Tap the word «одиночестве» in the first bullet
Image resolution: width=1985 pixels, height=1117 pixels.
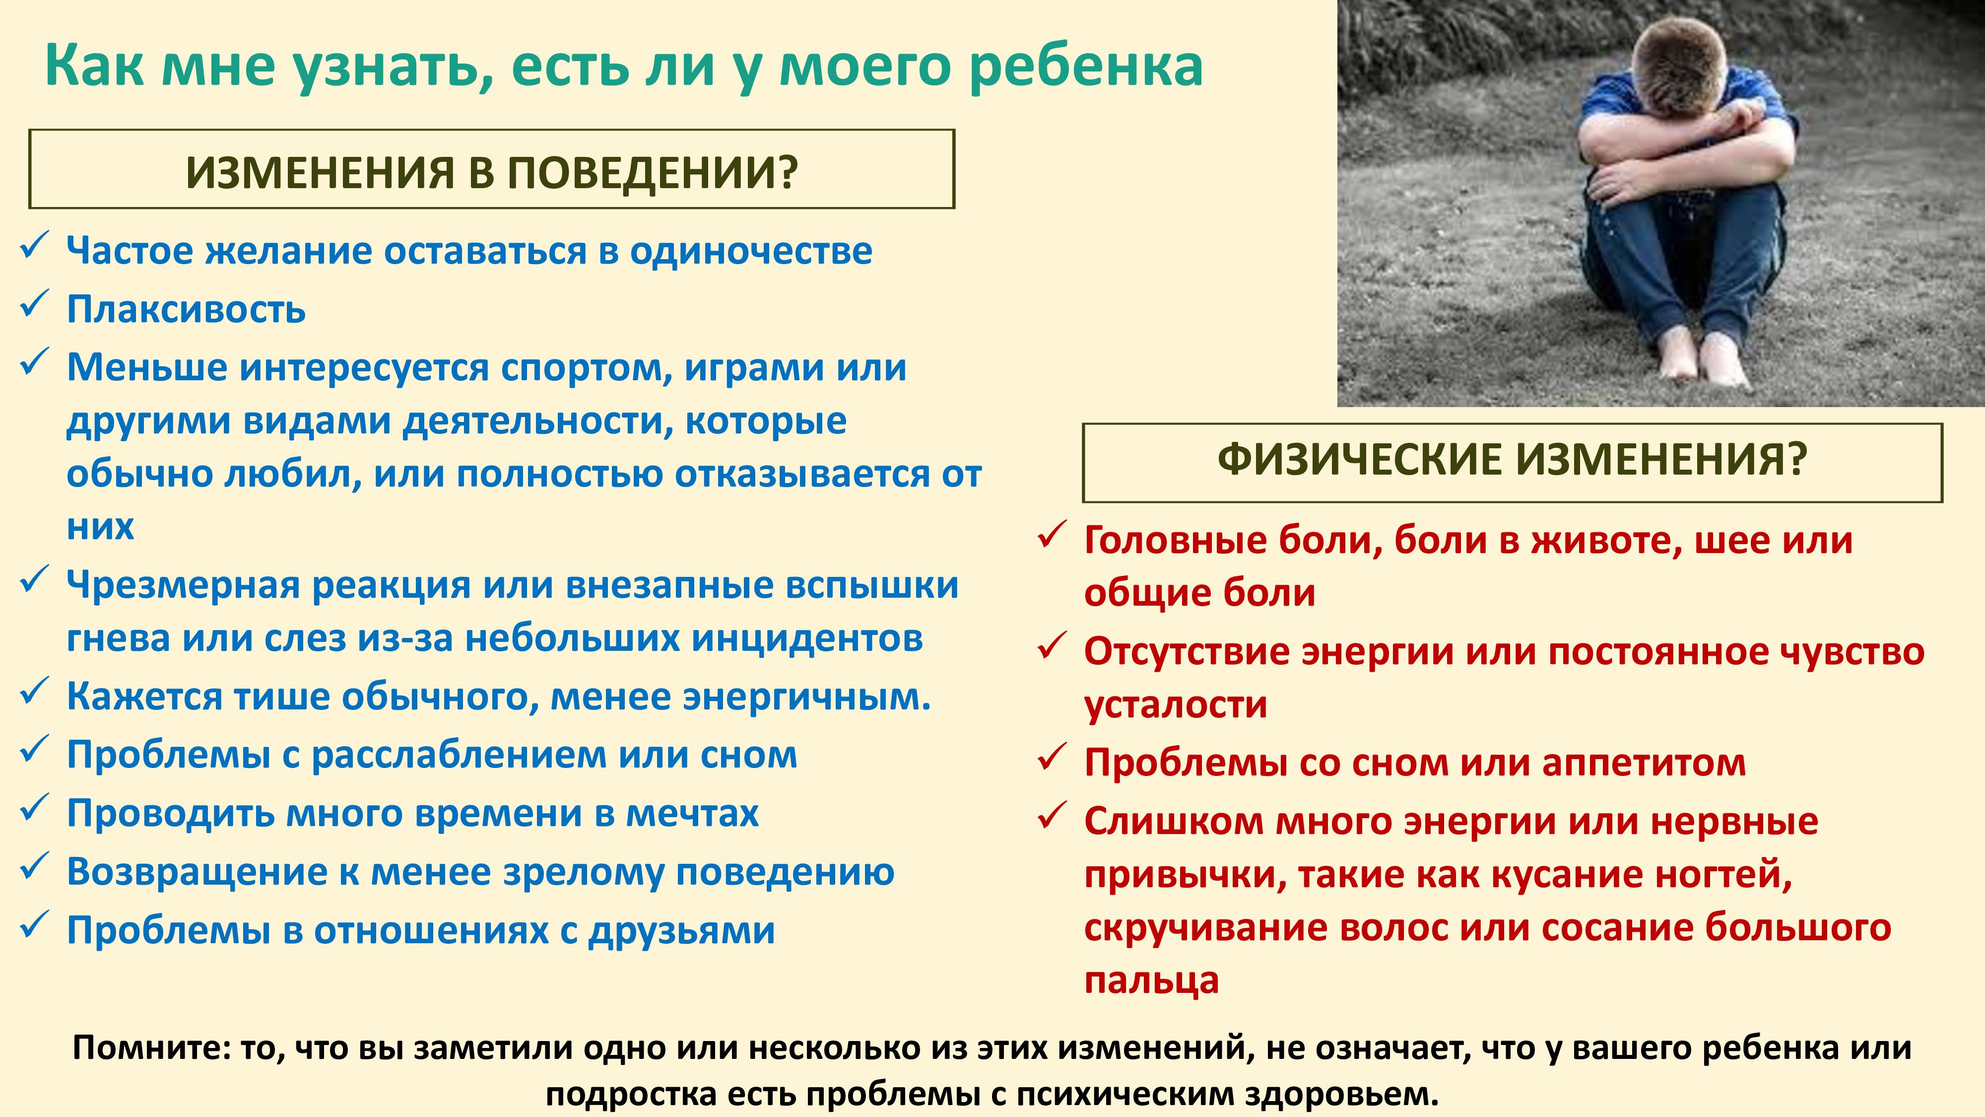pos(751,251)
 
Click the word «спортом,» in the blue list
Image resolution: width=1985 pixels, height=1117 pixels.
pos(587,368)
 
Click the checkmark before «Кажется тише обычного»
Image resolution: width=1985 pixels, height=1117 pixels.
pos(35,691)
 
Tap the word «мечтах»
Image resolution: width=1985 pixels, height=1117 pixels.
pos(692,813)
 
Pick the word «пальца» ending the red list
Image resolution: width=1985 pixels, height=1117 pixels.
pos(1151,980)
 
